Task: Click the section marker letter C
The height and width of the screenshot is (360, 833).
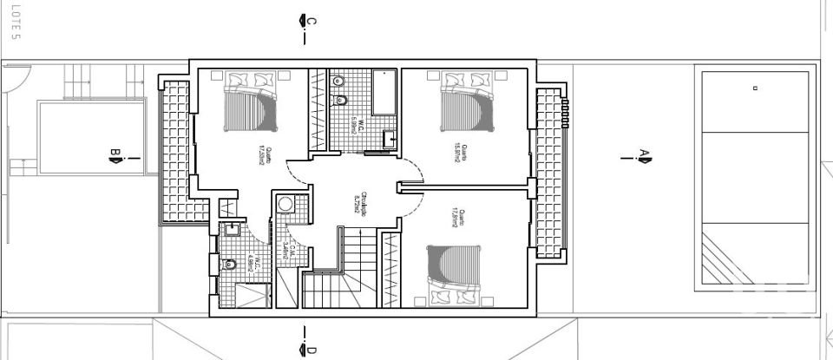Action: coord(311,21)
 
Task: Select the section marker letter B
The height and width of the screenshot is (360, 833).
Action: coord(114,157)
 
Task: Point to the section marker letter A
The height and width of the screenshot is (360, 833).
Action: coord(645,156)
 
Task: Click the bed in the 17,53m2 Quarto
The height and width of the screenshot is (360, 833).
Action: coord(253,101)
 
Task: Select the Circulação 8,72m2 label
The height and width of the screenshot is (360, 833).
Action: coord(357,203)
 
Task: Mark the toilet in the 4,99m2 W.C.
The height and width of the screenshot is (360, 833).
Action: coord(230,265)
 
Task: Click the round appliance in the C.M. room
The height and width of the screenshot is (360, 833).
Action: coord(285,204)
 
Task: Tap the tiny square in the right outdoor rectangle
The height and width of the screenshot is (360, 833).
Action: coord(755,88)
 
